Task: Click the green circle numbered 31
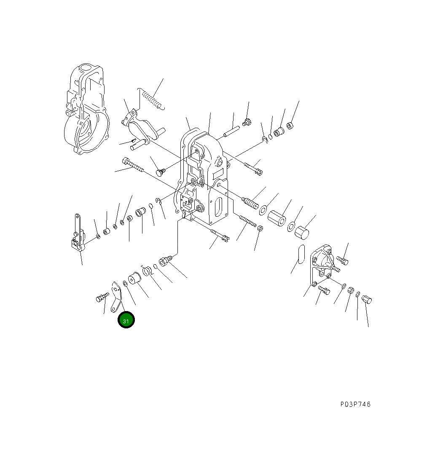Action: point(126,320)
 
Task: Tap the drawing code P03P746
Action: point(355,404)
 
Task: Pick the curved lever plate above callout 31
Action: point(117,297)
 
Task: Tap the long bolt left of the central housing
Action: point(133,166)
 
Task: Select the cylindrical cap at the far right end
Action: point(367,299)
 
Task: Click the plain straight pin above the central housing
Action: point(231,132)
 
